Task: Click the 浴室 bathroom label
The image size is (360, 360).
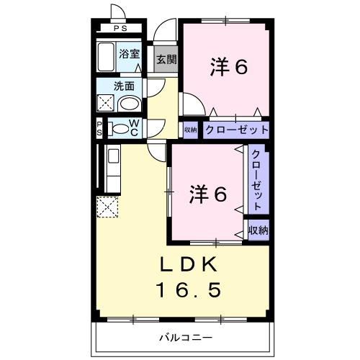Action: click(130, 53)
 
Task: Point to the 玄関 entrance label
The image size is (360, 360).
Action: click(166, 59)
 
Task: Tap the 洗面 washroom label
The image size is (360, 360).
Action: click(124, 86)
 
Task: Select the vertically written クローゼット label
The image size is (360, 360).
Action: click(257, 179)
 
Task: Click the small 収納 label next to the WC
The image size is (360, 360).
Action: click(190, 130)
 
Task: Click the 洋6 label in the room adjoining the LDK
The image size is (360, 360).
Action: click(209, 193)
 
